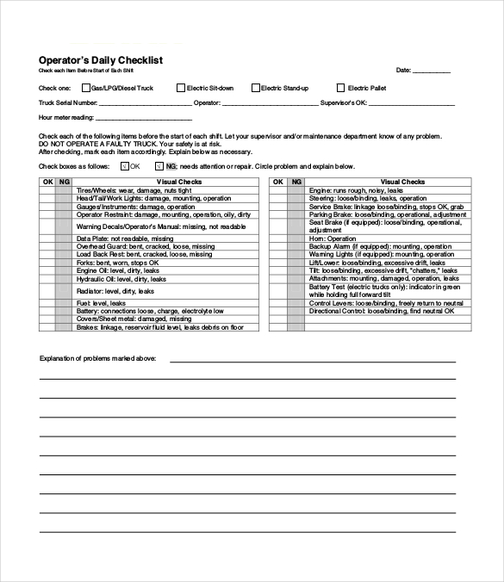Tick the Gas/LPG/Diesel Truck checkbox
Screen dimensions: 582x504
[86, 88]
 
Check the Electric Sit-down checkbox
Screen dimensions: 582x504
[180, 88]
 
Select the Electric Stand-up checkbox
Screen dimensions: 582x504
[256, 88]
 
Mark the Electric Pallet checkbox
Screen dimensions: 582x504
[340, 88]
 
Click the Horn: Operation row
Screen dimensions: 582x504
[333, 238]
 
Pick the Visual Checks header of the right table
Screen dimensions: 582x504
[402, 182]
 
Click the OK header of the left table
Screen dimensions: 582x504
[47, 182]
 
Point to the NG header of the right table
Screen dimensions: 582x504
[296, 182]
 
